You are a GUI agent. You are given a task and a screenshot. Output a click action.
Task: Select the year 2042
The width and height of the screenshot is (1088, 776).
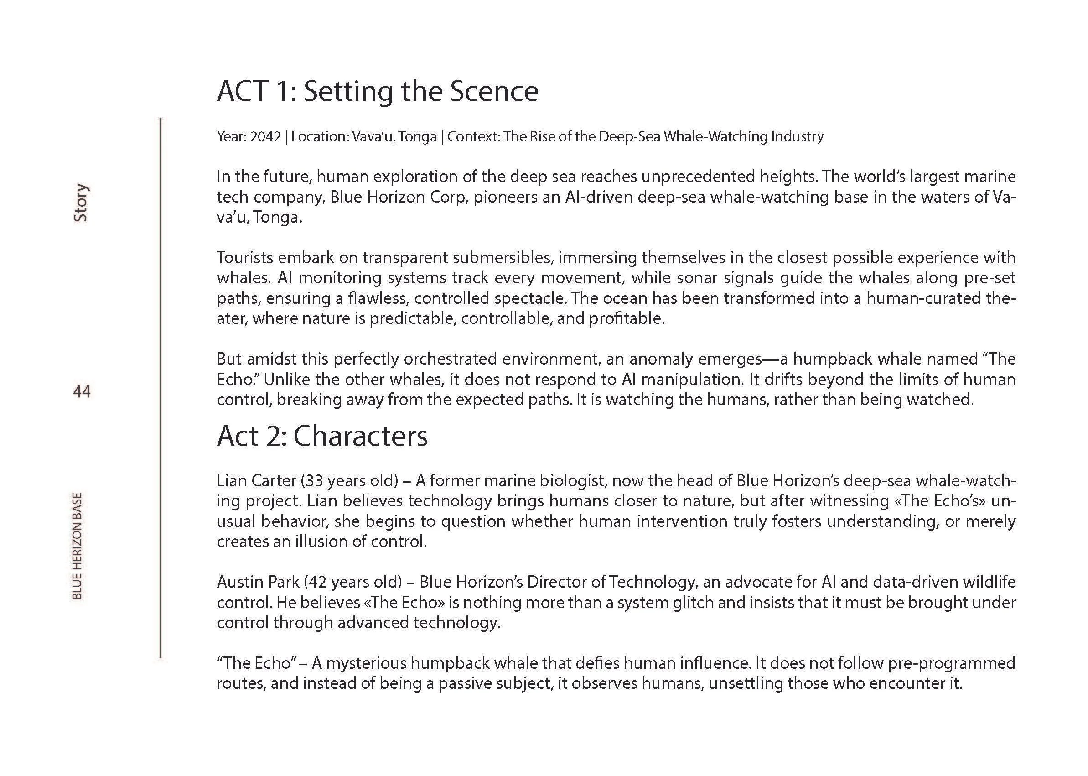click(x=265, y=137)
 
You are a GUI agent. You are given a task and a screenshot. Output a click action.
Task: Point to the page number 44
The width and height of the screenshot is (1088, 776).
click(x=82, y=392)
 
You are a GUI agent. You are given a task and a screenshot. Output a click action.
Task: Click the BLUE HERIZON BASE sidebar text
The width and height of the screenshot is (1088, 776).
click(x=77, y=546)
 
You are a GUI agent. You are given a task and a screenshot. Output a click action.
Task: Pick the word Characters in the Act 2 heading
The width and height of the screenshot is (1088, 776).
click(x=360, y=436)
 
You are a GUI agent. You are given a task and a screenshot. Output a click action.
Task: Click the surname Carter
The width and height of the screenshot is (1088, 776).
click(x=274, y=480)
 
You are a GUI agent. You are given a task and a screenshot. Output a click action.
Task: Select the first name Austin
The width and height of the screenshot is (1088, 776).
click(x=239, y=582)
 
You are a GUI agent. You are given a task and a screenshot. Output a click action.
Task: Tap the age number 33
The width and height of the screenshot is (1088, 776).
click(x=314, y=480)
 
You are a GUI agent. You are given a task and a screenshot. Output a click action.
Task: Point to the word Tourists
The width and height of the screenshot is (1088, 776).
click(x=244, y=258)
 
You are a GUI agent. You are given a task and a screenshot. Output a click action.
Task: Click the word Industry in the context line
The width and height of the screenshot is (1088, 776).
click(x=797, y=137)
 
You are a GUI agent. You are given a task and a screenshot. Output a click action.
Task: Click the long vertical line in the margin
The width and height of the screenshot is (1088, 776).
click(x=161, y=387)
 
